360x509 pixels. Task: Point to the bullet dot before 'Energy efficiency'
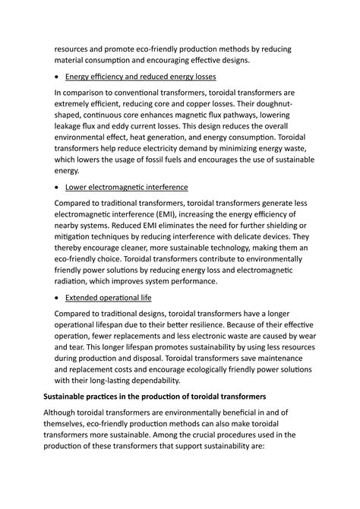[58, 77]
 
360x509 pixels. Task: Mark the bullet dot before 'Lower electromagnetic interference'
[58, 188]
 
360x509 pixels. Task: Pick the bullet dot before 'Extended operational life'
[58, 298]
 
